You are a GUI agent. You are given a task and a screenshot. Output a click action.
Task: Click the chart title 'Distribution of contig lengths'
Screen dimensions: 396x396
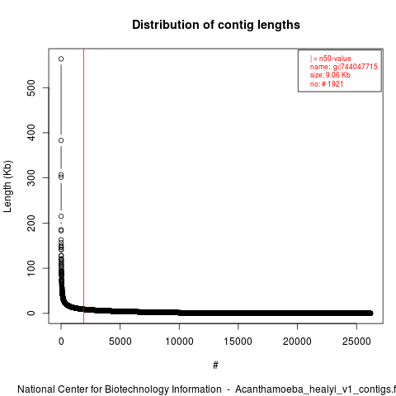[x=216, y=25]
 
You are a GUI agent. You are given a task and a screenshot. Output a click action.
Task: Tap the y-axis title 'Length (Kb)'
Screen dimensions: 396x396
[x=7, y=186]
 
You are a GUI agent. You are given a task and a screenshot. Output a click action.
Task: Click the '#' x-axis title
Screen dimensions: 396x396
[x=215, y=365]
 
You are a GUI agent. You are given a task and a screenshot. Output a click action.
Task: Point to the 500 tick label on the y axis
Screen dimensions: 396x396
[x=31, y=87]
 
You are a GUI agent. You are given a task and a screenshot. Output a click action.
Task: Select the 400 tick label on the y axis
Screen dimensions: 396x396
[x=31, y=133]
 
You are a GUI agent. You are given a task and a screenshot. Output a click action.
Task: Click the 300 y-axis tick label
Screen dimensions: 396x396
[x=31, y=177]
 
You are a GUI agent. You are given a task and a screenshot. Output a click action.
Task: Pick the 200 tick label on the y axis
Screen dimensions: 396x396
[x=31, y=223]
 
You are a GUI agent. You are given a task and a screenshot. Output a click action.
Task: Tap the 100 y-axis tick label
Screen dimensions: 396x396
[x=31, y=268]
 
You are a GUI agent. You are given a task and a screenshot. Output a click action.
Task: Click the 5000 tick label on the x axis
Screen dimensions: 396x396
[x=120, y=342]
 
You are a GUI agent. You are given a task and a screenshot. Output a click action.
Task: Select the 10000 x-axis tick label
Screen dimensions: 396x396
[x=179, y=342]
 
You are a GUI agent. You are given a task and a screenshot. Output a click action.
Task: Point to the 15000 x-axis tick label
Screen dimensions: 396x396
[x=238, y=342]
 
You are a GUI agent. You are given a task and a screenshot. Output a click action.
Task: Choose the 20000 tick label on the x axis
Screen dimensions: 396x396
[x=297, y=342]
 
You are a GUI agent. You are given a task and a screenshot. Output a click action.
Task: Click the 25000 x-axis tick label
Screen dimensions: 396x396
[x=356, y=342]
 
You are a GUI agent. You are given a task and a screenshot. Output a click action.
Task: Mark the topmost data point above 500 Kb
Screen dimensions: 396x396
[x=61, y=59]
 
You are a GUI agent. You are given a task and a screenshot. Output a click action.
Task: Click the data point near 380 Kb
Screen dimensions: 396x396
[x=61, y=140]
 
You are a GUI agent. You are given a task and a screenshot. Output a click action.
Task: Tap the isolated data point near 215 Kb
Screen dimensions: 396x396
[x=61, y=216]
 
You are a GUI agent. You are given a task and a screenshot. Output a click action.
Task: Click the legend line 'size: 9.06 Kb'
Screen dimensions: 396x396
[x=330, y=75]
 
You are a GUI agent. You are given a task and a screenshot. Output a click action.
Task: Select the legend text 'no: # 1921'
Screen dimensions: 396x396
[x=327, y=84]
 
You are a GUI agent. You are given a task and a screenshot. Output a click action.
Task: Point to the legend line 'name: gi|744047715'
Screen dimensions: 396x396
[x=344, y=67]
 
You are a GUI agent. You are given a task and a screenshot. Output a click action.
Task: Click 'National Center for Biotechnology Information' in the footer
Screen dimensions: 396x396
[x=120, y=389]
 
